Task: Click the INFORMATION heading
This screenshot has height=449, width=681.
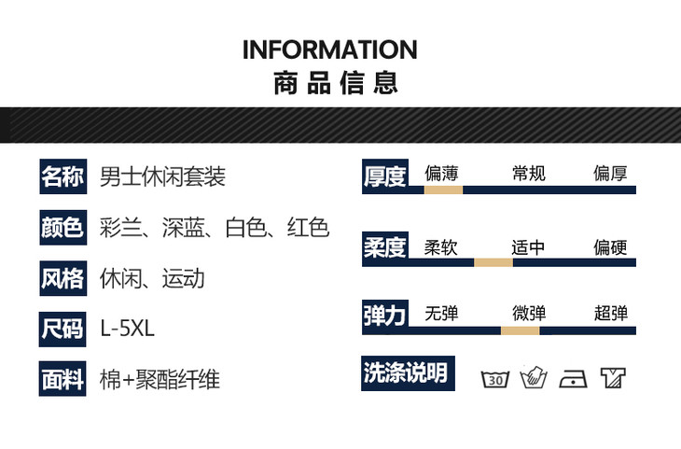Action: coord(330,49)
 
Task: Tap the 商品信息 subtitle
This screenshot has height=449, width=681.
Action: coord(336,82)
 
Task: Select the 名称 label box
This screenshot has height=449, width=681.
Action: coord(63,176)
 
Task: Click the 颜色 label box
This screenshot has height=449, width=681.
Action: coord(63,228)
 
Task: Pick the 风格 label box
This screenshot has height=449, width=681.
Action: coord(63,278)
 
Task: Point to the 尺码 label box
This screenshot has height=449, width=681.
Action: coord(63,329)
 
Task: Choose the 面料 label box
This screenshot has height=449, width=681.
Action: coord(63,379)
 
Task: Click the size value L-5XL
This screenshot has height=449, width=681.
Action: coord(127,329)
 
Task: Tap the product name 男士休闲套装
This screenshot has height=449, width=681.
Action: coord(162,176)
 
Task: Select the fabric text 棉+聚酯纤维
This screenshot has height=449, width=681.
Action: coord(160,379)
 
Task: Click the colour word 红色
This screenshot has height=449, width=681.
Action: coord(308,228)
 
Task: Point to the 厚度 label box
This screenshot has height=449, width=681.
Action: coord(385,176)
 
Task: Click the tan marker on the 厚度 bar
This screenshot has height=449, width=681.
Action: coord(443,189)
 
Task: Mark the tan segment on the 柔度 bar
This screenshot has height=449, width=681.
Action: coord(493,262)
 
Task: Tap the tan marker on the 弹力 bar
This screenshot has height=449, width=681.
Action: coord(521,330)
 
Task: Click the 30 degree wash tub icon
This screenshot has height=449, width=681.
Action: coord(495,379)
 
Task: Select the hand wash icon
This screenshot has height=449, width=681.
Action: coord(534,377)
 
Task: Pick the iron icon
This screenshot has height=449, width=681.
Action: coord(573,379)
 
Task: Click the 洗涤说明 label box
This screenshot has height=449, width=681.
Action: coord(409,373)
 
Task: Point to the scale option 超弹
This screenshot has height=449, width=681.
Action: coord(611,313)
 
